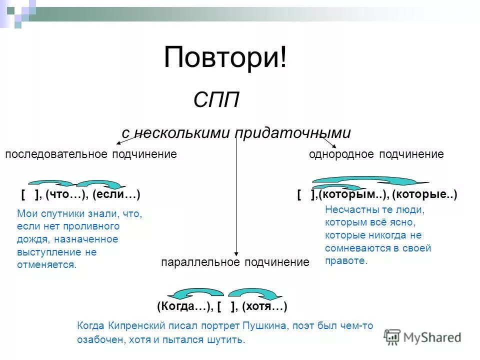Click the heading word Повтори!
(x=225, y=57)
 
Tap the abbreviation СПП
(x=216, y=100)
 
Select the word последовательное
(x=57, y=154)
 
